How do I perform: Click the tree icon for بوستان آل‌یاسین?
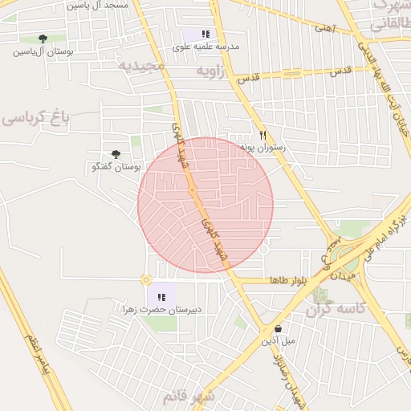click(43, 39)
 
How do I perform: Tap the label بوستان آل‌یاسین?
click(43, 52)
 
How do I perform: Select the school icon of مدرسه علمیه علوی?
click(205, 35)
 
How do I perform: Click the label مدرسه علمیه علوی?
click(205, 47)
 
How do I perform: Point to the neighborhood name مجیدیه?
click(142, 65)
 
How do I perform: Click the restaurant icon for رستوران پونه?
click(262, 136)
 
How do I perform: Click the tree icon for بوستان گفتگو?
click(116, 154)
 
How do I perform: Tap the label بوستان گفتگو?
click(116, 167)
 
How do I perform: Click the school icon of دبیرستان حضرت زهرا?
click(161, 297)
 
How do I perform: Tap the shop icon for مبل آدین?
click(278, 328)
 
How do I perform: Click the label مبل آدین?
click(278, 341)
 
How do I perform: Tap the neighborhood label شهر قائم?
click(189, 397)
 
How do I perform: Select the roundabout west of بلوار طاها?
click(145, 280)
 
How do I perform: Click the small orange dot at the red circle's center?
click(193, 189)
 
